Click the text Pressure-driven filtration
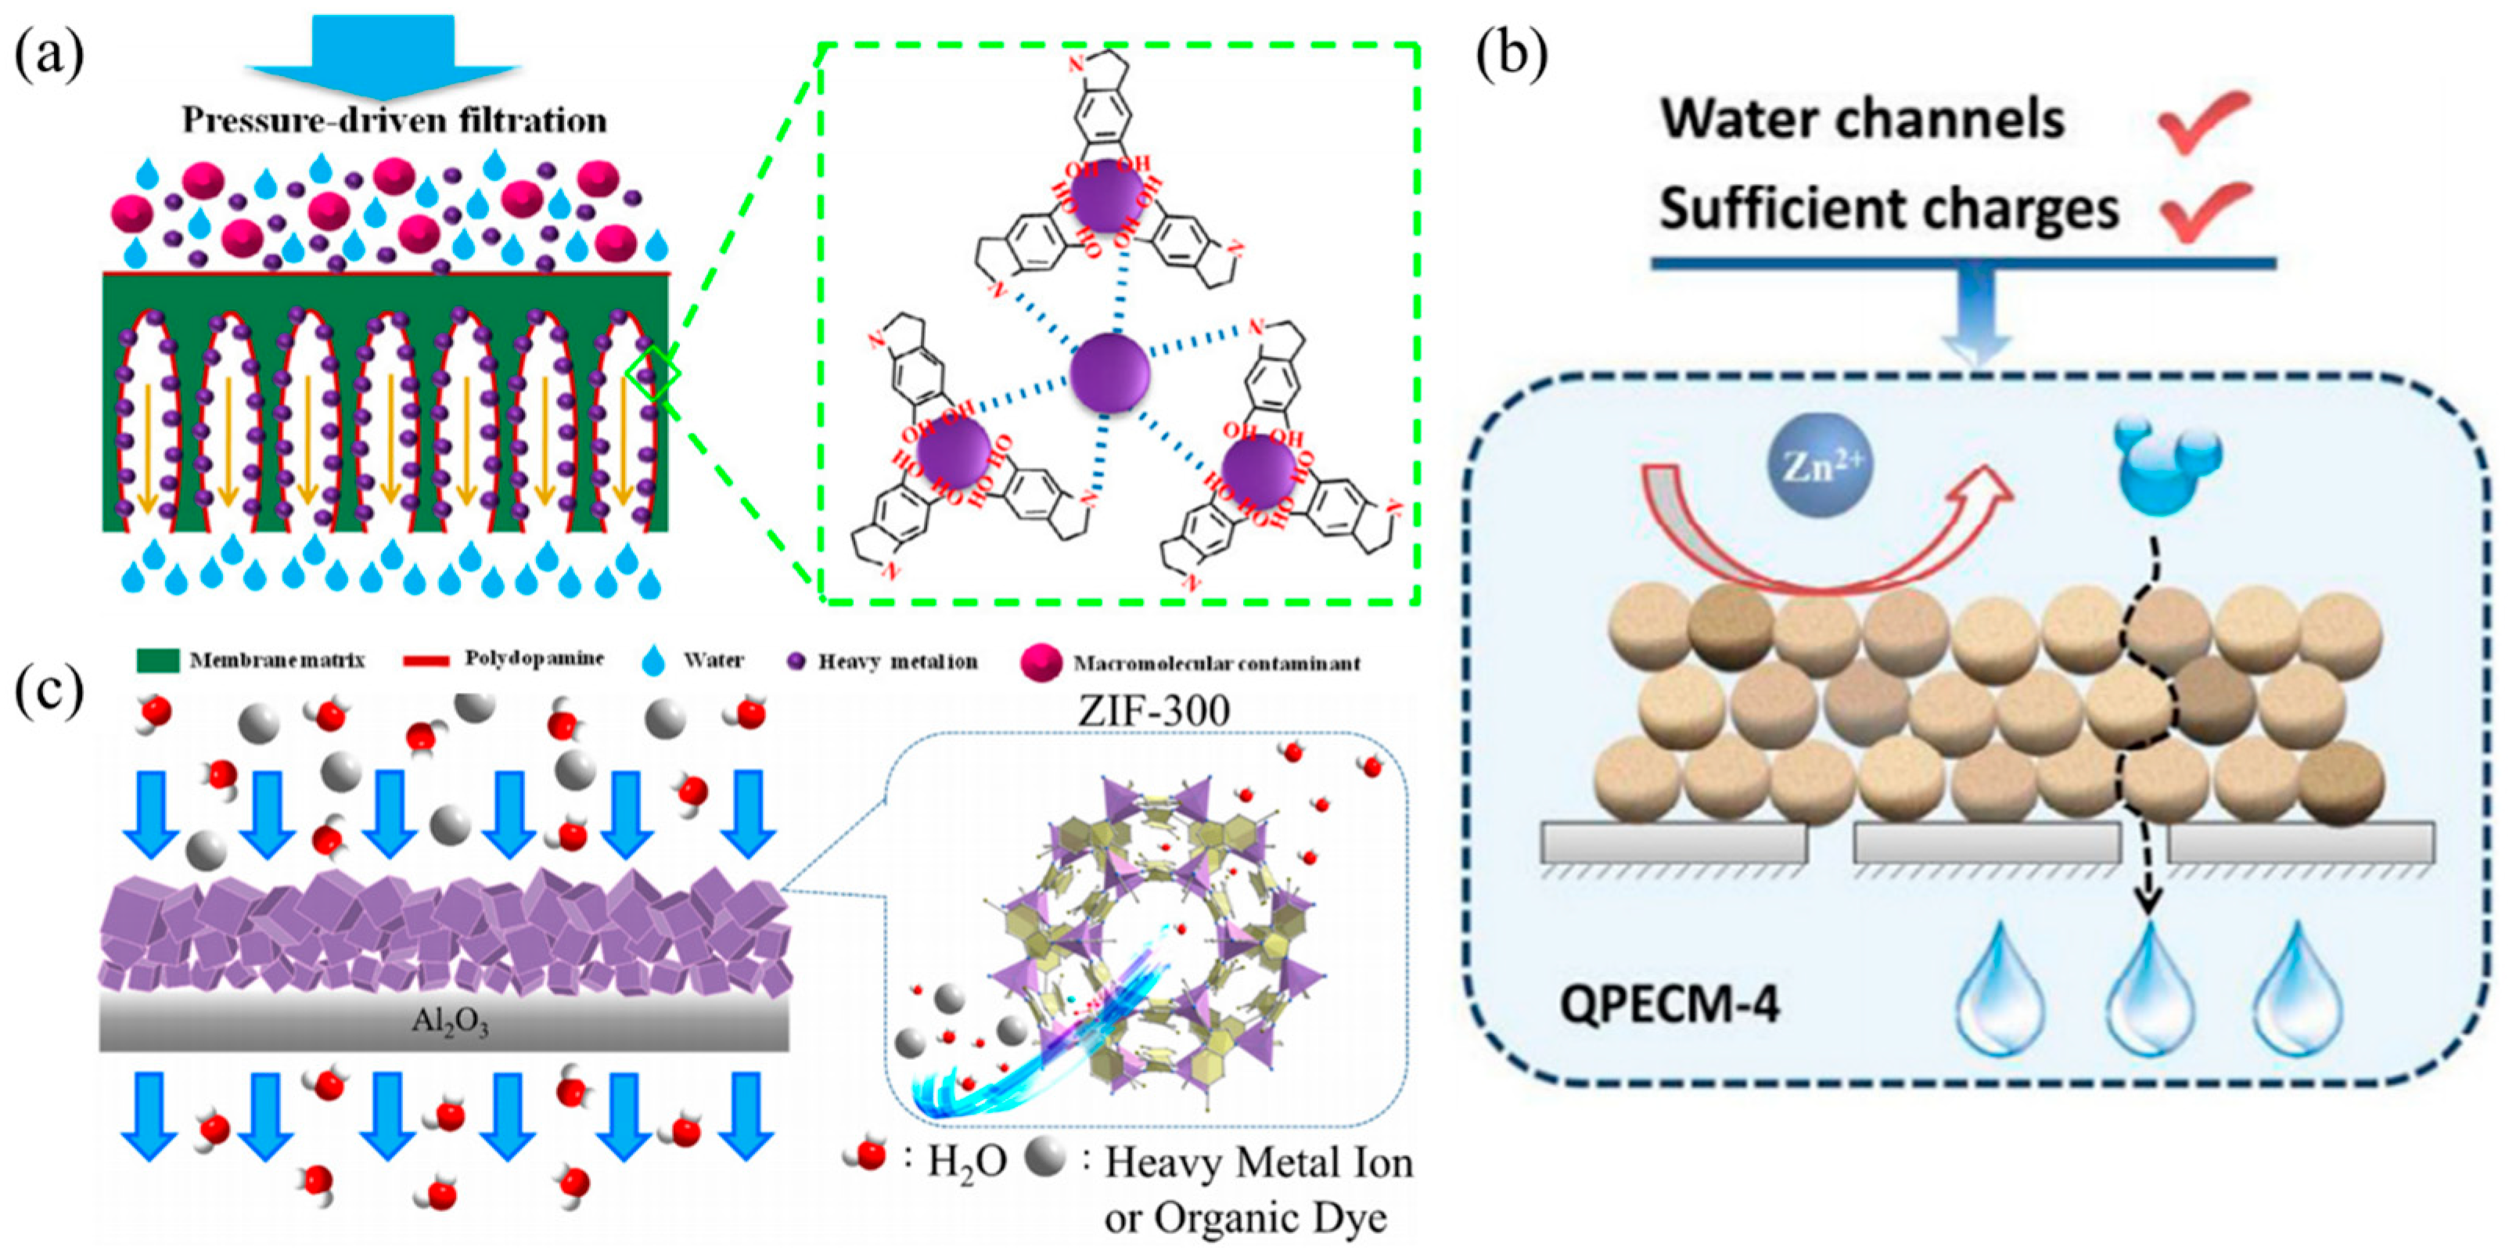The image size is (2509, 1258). [x=394, y=121]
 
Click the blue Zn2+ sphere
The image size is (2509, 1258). [x=1820, y=467]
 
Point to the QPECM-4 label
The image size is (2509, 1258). [x=1670, y=1004]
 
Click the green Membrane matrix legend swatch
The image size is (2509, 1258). [x=156, y=661]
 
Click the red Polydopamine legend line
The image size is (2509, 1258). [x=426, y=661]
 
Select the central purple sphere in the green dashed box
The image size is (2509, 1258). [x=1109, y=373]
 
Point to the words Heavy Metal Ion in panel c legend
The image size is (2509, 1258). [x=1257, y=1163]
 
